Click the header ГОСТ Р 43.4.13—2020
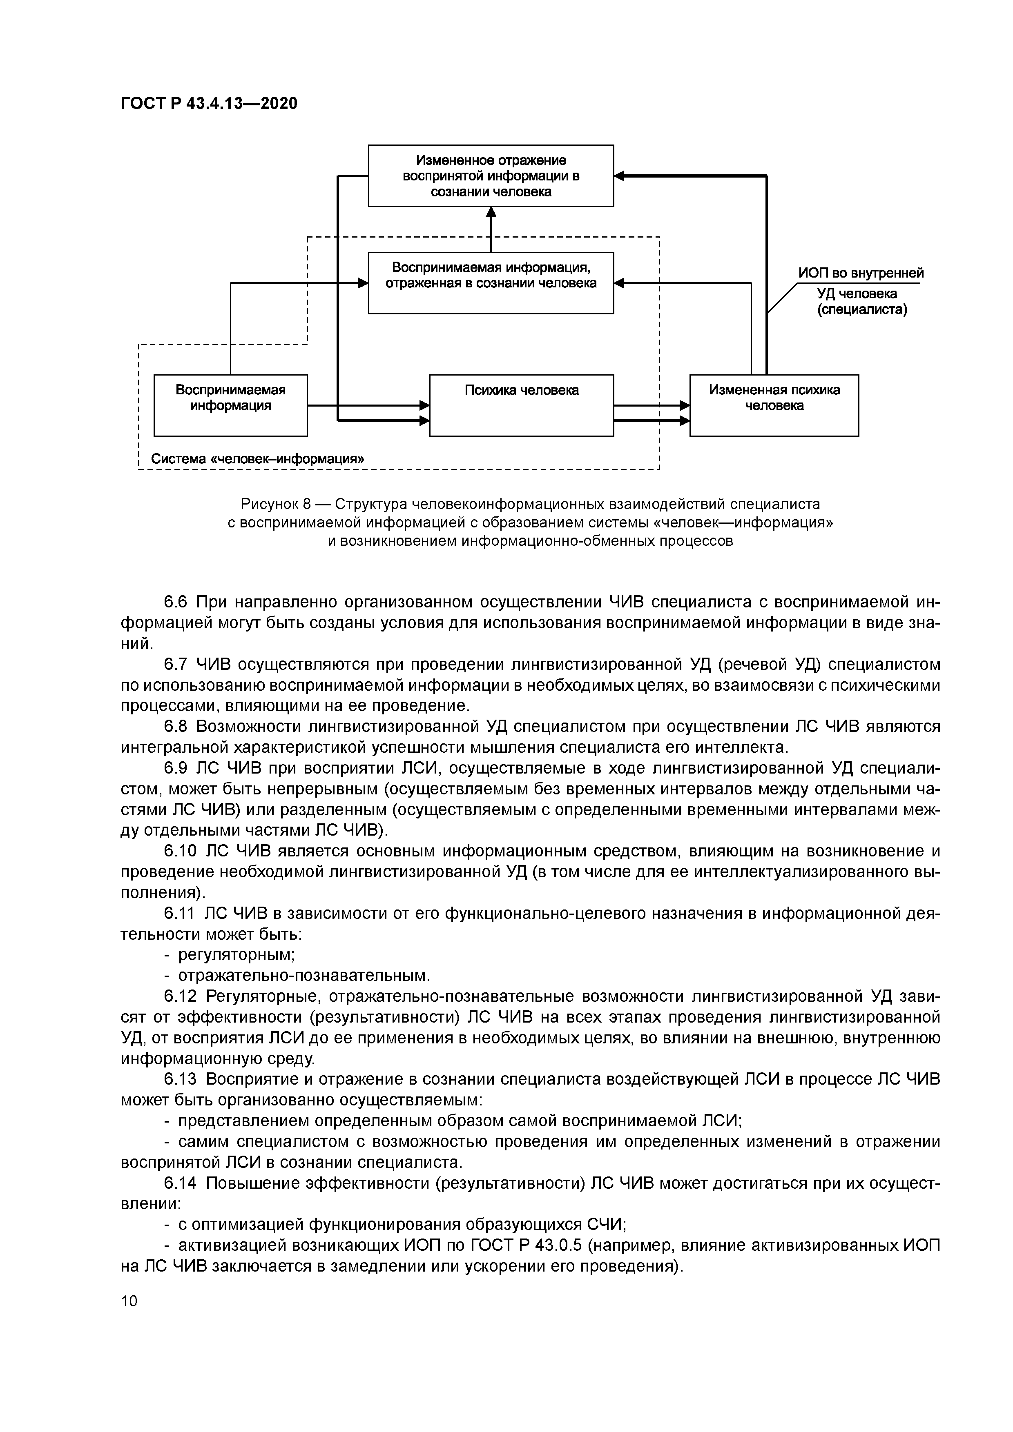pos(209,104)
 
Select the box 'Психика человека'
pos(521,405)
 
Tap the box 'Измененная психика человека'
pos(774,405)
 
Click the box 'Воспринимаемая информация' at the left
pos(230,405)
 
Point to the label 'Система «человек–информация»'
pos(258,459)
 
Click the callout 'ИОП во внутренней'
pos(861,273)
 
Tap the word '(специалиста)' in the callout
pos(862,309)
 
